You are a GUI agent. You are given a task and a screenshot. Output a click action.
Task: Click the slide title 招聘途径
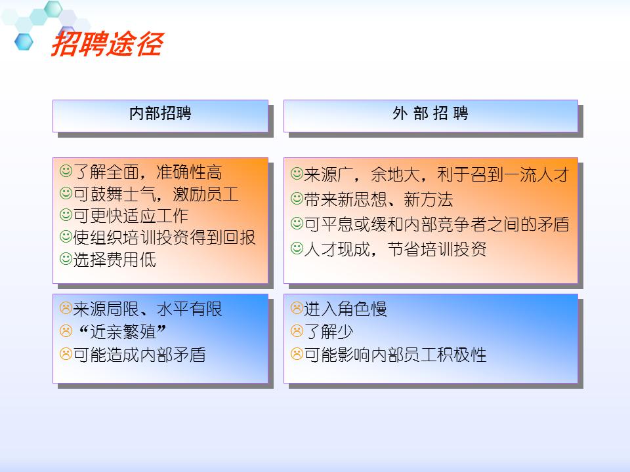(x=106, y=45)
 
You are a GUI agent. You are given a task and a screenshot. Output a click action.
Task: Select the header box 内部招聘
(x=160, y=113)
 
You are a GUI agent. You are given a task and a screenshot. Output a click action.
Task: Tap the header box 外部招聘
(x=430, y=113)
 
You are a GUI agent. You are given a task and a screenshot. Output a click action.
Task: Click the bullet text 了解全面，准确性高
(x=148, y=172)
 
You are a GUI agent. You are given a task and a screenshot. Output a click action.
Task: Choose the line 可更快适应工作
(x=131, y=216)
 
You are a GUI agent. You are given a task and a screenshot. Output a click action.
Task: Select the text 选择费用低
(x=115, y=259)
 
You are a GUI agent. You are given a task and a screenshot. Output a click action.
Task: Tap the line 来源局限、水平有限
(x=148, y=308)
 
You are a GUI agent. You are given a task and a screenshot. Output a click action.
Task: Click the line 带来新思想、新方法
(x=378, y=199)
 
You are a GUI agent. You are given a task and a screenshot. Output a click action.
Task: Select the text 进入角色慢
(x=345, y=308)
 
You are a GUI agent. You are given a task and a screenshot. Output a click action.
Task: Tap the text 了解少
(x=329, y=332)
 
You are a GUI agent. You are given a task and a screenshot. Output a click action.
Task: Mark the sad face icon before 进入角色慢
(x=297, y=307)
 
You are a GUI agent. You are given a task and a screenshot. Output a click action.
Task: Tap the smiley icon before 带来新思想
(x=297, y=199)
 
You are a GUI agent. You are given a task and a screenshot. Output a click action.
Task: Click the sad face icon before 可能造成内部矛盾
(x=66, y=355)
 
